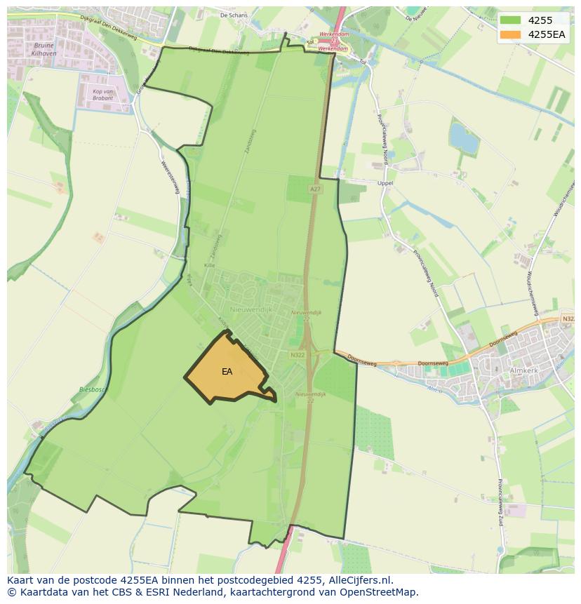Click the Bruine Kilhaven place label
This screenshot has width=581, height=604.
pyautogui.click(x=44, y=49)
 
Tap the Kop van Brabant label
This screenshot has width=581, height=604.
pyautogui.click(x=103, y=95)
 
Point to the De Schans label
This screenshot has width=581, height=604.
pyautogui.click(x=234, y=14)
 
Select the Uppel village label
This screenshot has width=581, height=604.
pyautogui.click(x=385, y=183)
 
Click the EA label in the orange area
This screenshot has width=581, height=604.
pyautogui.click(x=227, y=372)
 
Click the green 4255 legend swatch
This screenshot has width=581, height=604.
pyautogui.click(x=510, y=20)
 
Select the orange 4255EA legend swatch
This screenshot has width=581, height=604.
pyautogui.click(x=510, y=34)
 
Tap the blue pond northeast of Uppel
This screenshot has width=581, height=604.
pyautogui.click(x=464, y=137)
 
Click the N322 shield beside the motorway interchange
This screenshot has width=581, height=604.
pyautogui.click(x=297, y=356)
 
